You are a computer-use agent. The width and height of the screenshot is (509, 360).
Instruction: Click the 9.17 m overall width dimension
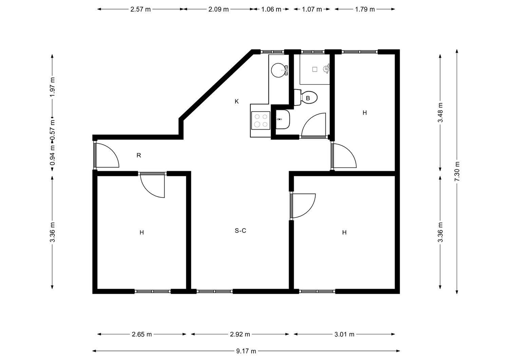(246, 351)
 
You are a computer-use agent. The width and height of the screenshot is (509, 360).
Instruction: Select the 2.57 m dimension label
(140, 9)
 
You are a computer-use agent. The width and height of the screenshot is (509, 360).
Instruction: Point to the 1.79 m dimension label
(365, 9)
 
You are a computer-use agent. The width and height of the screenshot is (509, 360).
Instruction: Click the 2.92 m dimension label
(240, 334)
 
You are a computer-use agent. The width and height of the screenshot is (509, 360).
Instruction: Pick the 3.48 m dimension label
(440, 113)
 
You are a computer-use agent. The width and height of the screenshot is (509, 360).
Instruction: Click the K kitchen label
(237, 101)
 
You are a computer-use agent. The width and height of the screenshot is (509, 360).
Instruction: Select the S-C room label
(240, 231)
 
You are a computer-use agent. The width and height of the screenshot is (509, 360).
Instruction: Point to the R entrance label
(139, 155)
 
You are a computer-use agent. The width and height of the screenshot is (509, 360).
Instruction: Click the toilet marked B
(306, 97)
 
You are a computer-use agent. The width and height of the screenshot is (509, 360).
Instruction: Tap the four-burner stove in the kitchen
(261, 120)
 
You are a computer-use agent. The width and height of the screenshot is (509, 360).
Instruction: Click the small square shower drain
(315, 69)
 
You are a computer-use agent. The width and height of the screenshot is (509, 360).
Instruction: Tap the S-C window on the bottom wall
(215, 291)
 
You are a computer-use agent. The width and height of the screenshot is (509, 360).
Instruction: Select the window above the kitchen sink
(272, 52)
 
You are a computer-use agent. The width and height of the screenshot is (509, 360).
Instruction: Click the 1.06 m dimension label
(271, 9)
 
